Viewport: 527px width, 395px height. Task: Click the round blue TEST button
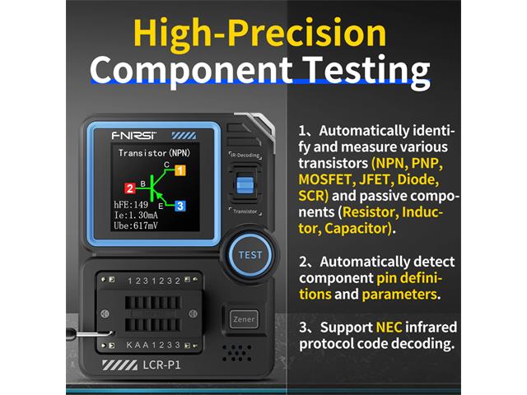click(250, 254)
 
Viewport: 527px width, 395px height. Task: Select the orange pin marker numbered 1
click(180, 170)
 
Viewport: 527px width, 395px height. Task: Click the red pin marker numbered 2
click(129, 188)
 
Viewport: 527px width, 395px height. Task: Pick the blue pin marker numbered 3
click(180, 206)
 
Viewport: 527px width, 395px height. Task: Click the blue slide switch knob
click(244, 183)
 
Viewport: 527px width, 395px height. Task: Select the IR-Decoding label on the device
click(245, 154)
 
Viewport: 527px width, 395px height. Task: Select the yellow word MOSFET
click(327, 179)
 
